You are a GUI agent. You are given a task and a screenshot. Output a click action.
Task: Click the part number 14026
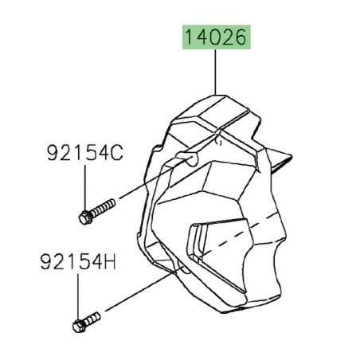(x=216, y=37)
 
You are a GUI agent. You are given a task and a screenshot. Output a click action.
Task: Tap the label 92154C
(x=84, y=154)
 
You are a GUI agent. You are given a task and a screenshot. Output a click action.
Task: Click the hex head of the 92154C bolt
(x=85, y=217)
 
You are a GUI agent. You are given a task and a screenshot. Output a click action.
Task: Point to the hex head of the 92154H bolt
(x=78, y=325)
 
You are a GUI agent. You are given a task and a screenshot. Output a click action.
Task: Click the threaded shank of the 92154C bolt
(x=100, y=210)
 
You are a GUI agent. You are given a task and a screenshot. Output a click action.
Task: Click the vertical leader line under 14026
(x=216, y=71)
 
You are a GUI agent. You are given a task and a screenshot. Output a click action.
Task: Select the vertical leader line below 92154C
(x=84, y=187)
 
